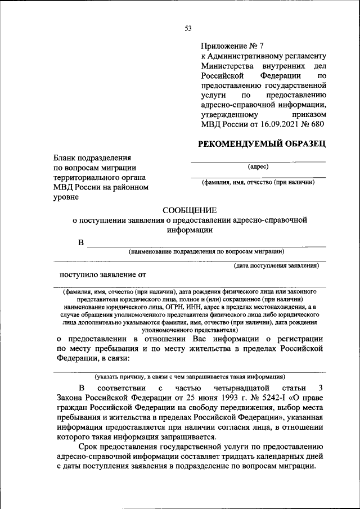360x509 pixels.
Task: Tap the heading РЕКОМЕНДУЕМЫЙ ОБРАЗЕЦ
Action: tap(262, 144)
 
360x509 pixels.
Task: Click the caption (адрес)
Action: tap(258, 166)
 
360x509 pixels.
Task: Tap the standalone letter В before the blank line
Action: tap(81, 242)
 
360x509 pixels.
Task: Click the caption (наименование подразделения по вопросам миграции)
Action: tap(206, 251)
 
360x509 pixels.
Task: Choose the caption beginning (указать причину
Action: tap(190, 376)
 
